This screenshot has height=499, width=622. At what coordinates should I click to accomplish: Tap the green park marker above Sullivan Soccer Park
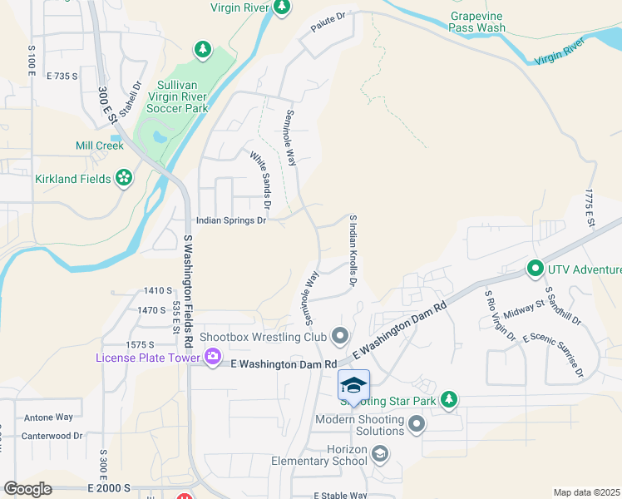pyautogui.click(x=203, y=50)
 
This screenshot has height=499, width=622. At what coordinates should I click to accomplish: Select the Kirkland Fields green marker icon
pyautogui.click(x=124, y=179)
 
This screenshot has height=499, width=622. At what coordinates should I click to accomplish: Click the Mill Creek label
pyautogui.click(x=99, y=146)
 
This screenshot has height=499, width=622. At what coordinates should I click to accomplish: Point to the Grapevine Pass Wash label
pyautogui.click(x=476, y=22)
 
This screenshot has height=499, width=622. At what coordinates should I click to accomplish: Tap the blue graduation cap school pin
pyautogui.click(x=353, y=386)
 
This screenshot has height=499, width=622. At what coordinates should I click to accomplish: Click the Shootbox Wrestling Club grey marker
pyautogui.click(x=339, y=336)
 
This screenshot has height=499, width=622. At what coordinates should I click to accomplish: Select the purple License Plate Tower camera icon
pyautogui.click(x=213, y=357)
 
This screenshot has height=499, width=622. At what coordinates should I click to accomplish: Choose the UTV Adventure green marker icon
pyautogui.click(x=533, y=269)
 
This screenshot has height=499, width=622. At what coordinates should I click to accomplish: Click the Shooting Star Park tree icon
pyautogui.click(x=449, y=400)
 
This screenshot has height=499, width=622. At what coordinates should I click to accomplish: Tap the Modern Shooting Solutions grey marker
pyautogui.click(x=417, y=425)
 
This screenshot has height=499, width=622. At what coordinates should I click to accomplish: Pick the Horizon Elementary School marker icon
pyautogui.click(x=380, y=453)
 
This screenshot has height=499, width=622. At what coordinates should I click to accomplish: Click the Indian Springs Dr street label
pyautogui.click(x=230, y=220)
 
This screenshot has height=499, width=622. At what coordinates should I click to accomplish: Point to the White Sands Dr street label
pyautogui.click(x=261, y=178)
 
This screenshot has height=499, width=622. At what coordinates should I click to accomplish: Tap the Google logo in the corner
pyautogui.click(x=27, y=489)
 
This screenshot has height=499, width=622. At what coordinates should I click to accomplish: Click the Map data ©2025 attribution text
pyautogui.click(x=586, y=492)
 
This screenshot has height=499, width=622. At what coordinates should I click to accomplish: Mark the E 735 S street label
pyautogui.click(x=62, y=76)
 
